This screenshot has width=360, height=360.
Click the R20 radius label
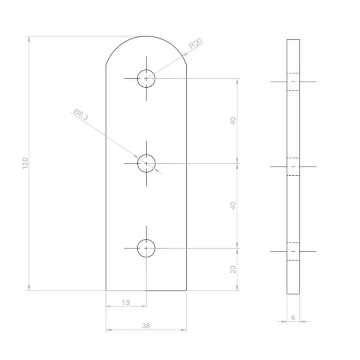pos(195,43)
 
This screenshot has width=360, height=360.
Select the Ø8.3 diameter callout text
pos(81,114)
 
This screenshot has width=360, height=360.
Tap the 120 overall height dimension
pos(25,164)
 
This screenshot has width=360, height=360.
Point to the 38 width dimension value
pos(146,326)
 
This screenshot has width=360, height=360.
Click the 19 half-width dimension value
pos(126,302)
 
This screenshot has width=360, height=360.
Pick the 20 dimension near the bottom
pos(233,270)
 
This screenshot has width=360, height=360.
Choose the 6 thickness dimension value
pos(293,317)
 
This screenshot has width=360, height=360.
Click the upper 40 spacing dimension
pos(233,121)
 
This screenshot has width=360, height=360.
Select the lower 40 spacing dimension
pos(233,206)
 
